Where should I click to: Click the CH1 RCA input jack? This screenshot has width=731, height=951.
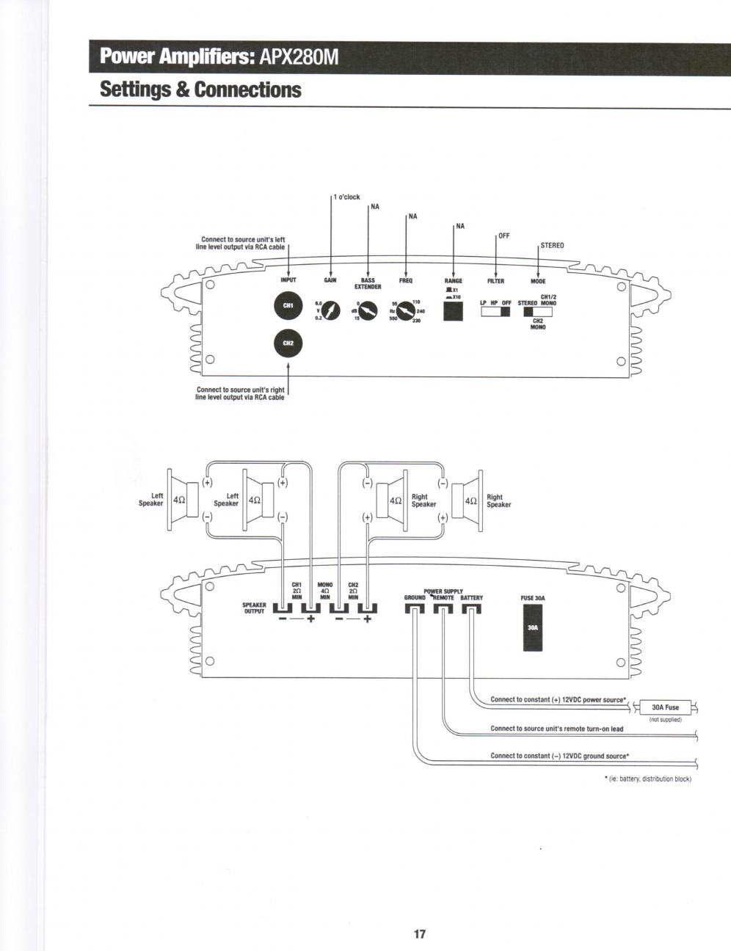point(288,307)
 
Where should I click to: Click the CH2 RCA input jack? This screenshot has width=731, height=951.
point(288,343)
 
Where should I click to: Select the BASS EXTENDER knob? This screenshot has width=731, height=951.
point(368,313)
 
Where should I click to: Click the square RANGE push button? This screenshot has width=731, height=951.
point(454,312)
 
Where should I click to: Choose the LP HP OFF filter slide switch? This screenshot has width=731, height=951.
point(495,312)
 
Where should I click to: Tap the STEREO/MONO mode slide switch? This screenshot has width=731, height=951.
point(538,311)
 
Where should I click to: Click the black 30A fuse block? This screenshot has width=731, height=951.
point(533,628)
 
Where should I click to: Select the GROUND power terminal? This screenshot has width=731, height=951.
point(415,608)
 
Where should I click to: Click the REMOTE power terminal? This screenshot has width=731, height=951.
point(443,608)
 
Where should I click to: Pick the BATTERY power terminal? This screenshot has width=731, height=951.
point(471,608)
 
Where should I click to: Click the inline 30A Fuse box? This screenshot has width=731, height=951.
point(666,707)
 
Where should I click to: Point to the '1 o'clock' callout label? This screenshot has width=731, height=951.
point(346,197)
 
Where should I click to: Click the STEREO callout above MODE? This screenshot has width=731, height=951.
point(552,245)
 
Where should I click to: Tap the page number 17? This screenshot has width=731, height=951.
point(420,914)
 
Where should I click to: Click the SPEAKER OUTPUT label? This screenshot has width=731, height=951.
point(254,608)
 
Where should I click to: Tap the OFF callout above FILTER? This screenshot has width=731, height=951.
point(504,236)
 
